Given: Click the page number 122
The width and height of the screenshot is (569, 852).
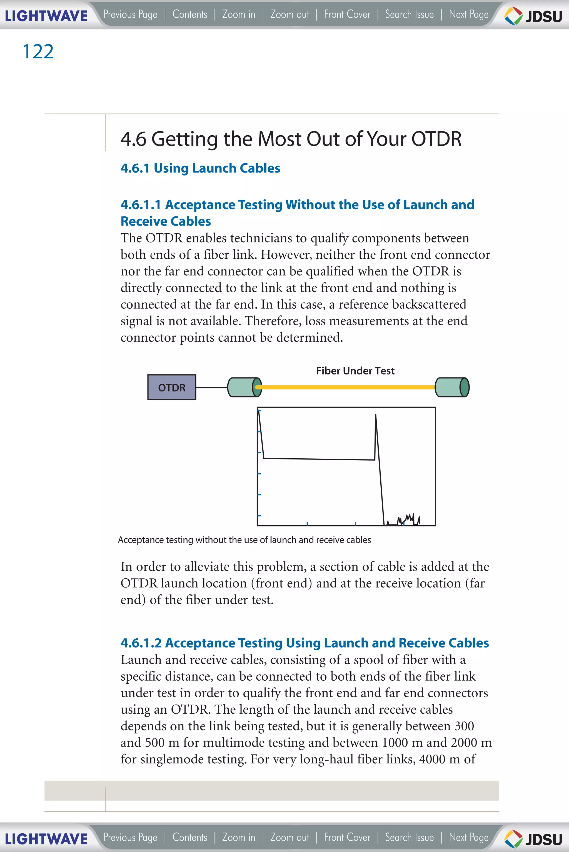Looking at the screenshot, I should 38,51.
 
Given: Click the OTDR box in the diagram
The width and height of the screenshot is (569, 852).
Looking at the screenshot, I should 172,388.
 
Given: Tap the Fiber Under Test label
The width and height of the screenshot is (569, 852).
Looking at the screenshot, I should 355,371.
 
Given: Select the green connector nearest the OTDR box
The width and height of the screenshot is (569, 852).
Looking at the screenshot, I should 244,387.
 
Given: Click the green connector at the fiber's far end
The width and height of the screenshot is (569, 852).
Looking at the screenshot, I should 452,387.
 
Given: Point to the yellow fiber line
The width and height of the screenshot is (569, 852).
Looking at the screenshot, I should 345,387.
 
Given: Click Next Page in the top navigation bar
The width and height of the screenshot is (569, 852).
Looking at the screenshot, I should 468,14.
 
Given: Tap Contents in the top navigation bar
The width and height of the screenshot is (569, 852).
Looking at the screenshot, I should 190,14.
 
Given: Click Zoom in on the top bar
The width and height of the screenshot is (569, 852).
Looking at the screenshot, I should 239,14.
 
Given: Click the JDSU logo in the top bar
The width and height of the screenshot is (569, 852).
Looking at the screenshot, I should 533,16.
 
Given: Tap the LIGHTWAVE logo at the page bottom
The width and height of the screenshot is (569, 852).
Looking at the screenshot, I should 46,839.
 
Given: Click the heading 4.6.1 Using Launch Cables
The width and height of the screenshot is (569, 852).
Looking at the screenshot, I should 200,168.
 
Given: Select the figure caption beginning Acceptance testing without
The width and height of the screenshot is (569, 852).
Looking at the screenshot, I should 244,540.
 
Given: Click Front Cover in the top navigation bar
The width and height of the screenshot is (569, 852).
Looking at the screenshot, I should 347,14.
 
